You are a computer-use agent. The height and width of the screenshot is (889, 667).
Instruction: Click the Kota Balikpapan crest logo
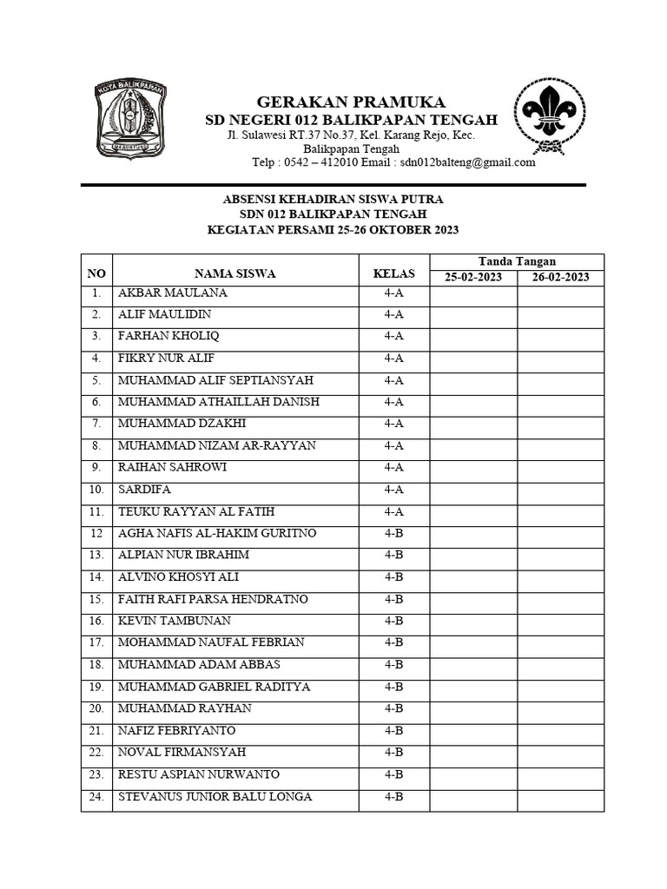click(130, 119)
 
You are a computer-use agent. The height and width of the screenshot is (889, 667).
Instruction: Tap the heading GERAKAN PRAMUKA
click(339, 102)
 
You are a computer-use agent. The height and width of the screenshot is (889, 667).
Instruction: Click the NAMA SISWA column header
click(234, 273)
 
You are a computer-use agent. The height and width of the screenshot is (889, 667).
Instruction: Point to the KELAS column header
click(393, 273)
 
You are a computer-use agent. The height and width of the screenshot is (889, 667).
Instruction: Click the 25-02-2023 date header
click(473, 278)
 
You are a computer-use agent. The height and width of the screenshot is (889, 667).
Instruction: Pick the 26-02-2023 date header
click(560, 278)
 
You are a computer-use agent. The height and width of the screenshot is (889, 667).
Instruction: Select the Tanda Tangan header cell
click(517, 261)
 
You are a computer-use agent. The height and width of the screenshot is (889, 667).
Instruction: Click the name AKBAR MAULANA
click(172, 293)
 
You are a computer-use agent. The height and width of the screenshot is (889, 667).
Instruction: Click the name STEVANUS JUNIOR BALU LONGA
click(215, 796)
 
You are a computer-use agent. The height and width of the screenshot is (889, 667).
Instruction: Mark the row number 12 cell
click(96, 533)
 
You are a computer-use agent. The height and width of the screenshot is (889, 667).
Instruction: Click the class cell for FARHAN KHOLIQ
click(393, 336)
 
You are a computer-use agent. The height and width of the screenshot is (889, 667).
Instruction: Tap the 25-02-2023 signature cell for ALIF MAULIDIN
click(473, 314)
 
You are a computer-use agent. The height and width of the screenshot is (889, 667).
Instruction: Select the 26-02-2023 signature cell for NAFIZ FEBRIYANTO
click(560, 731)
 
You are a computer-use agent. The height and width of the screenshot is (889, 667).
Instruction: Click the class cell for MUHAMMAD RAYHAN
click(393, 708)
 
